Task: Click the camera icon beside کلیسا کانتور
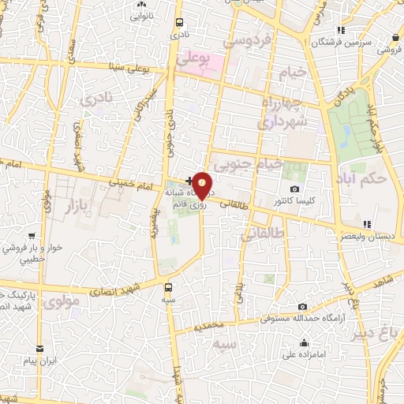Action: coord(295,189)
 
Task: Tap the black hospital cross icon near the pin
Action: coord(188,181)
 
